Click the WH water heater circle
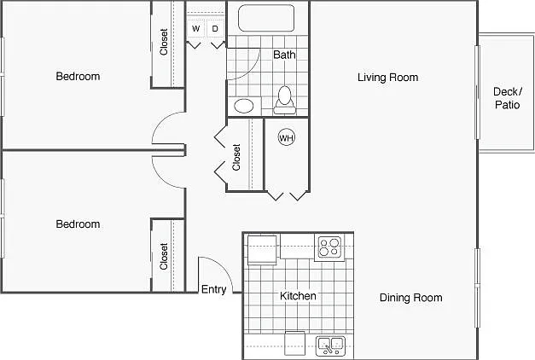(286, 137)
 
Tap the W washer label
(195, 29)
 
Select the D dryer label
(215, 29)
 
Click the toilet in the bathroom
(284, 101)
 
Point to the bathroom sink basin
(244, 106)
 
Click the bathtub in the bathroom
(266, 18)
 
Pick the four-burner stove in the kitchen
(329, 247)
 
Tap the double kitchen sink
(330, 345)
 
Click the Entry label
(213, 289)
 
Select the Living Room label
(387, 78)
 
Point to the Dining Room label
(410, 298)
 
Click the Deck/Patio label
(508, 98)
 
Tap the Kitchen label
(298, 296)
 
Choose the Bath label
(284, 55)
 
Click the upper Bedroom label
(78, 76)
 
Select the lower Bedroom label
(78, 224)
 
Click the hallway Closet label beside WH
(236, 157)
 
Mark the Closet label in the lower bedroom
(164, 256)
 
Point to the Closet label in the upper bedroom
(164, 42)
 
